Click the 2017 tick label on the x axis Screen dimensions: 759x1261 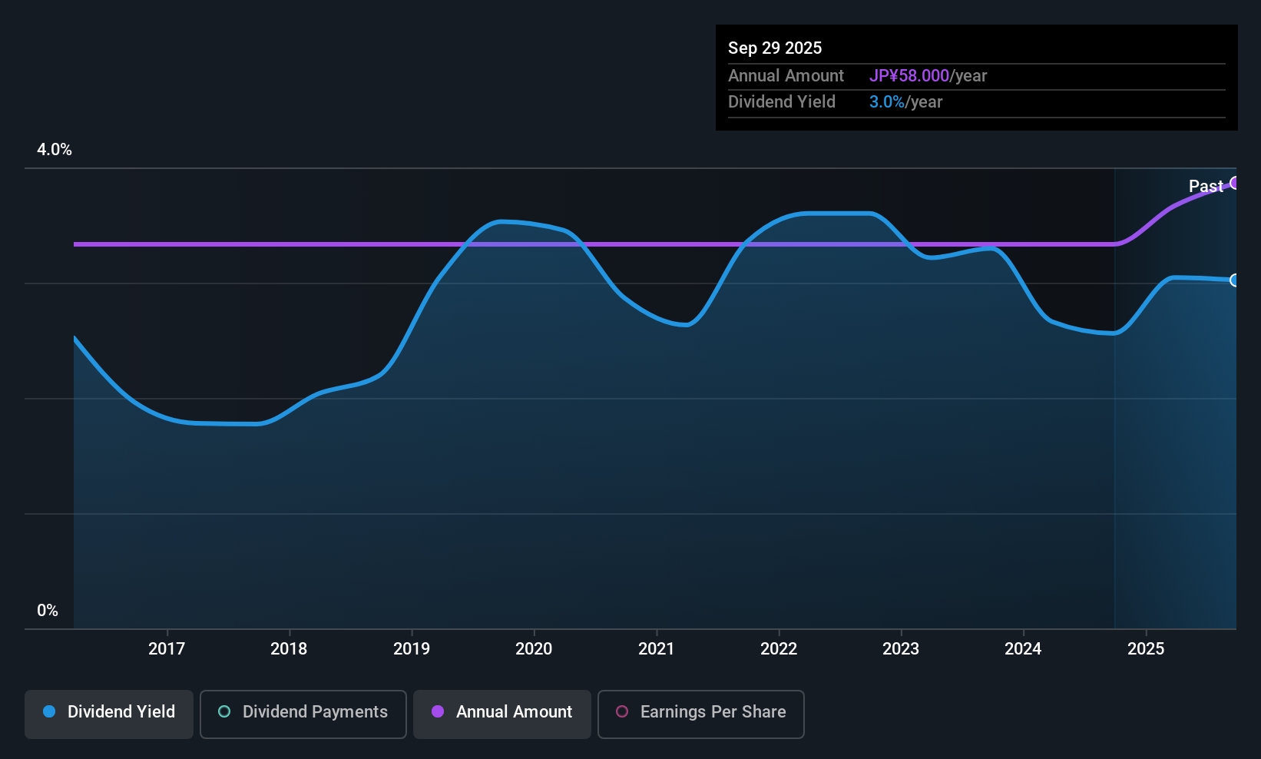[167, 648]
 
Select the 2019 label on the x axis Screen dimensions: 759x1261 [412, 648]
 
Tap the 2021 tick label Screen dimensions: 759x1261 [656, 648]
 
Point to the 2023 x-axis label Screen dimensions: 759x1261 [901, 648]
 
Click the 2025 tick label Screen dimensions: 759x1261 [1146, 648]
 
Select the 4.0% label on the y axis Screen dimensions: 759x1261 [55, 150]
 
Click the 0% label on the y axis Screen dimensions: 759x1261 [48, 611]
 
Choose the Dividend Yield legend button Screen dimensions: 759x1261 [109, 712]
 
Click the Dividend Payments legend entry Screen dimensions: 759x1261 [303, 712]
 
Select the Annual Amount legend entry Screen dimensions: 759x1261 [502, 712]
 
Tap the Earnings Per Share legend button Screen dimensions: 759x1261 [700, 712]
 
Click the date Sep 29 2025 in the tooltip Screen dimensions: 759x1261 [775, 48]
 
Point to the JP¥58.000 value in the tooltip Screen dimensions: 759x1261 [909, 76]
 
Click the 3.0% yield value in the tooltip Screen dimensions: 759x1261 [887, 102]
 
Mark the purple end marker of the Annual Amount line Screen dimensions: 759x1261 [1234, 183]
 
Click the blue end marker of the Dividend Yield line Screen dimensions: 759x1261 [1234, 280]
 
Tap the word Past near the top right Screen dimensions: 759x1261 [1206, 186]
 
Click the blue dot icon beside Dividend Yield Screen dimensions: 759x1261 [49, 711]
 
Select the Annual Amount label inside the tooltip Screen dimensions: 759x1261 [786, 76]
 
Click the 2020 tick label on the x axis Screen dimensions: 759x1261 [534, 648]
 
